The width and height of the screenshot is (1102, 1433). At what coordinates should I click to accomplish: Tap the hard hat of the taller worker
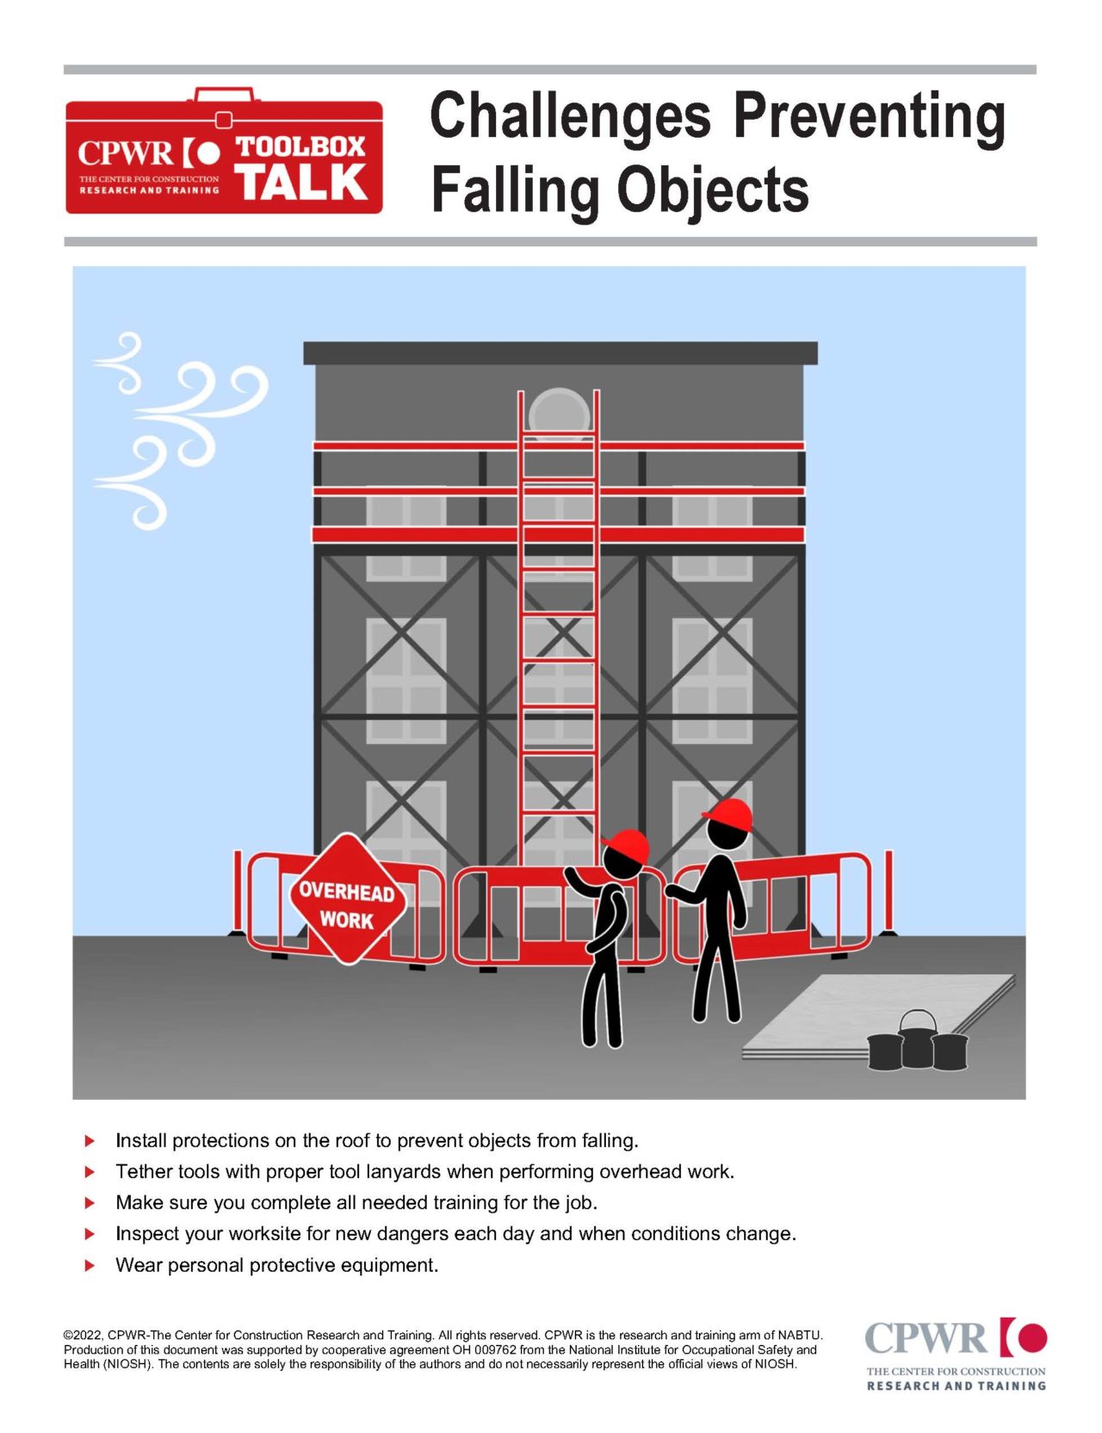(x=729, y=813)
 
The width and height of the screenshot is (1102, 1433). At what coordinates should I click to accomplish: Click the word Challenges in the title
(x=570, y=118)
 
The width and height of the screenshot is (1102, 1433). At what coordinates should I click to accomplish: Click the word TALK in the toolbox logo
(x=302, y=182)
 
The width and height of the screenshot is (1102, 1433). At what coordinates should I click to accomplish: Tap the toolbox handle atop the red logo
(x=224, y=95)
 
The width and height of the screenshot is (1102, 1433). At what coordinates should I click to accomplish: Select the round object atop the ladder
(x=558, y=412)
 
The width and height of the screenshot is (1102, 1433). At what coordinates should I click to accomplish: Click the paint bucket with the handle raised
(x=917, y=1039)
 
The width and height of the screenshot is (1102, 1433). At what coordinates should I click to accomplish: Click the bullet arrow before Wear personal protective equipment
(x=90, y=1265)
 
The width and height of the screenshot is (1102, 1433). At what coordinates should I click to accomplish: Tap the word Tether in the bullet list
(x=144, y=1171)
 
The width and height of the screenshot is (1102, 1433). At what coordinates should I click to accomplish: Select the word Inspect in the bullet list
(x=147, y=1233)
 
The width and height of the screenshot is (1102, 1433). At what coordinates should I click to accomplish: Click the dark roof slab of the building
(x=560, y=352)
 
